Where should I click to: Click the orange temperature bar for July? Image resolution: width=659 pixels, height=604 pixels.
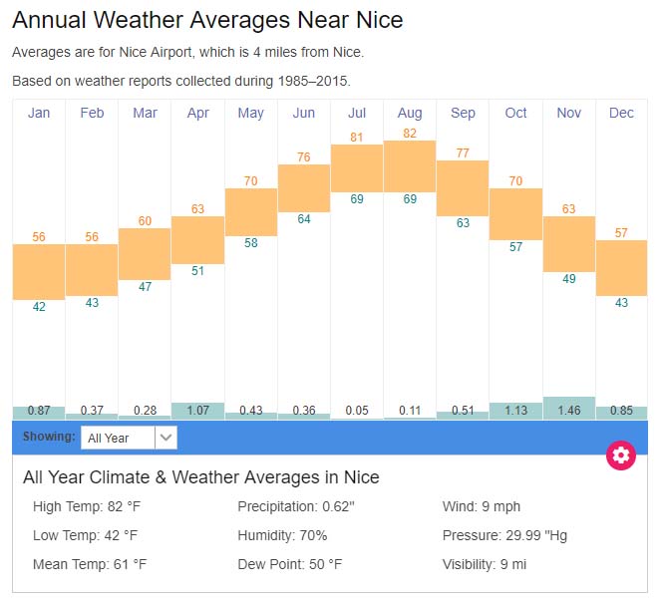357,168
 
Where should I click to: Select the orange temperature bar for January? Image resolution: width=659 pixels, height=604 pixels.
39,271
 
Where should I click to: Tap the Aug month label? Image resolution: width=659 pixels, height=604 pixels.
410,113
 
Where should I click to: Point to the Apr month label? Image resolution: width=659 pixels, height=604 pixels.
197,113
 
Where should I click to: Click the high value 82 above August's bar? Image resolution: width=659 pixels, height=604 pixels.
410,134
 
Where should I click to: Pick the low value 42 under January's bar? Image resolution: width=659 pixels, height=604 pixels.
39,307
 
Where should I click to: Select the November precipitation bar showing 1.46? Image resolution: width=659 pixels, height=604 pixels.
569,409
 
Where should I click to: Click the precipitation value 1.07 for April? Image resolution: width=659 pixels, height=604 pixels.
197,411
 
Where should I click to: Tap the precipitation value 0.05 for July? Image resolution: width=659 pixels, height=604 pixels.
357,411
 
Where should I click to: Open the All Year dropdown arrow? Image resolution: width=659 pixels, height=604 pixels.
166,438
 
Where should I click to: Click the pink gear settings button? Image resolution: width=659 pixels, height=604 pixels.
621,455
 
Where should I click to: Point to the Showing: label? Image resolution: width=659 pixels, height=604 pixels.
49,437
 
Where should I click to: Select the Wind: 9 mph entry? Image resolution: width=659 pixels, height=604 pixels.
482,506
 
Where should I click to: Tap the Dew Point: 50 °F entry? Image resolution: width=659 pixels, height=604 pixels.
289,564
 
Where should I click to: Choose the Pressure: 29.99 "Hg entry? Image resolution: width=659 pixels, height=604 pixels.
504,535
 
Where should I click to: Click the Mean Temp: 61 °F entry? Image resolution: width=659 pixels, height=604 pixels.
90,564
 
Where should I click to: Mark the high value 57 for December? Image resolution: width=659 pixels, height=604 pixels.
621,233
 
